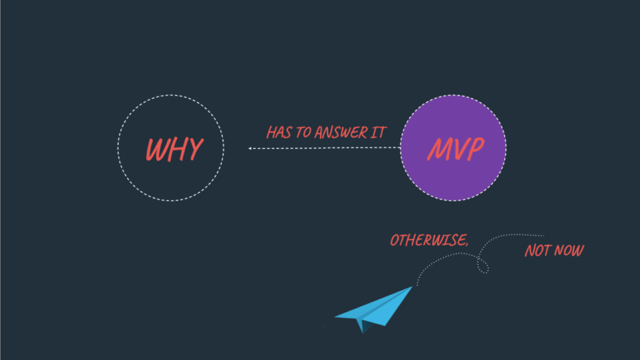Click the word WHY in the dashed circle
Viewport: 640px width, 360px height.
(174, 149)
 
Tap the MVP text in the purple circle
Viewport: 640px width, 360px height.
(456, 149)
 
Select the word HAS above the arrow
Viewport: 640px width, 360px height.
(279, 132)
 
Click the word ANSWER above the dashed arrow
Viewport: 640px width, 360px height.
(341, 132)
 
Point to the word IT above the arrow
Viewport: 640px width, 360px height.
(378, 132)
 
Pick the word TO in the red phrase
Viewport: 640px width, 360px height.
(303, 132)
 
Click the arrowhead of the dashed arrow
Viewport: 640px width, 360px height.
(250, 149)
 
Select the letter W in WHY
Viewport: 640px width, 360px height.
(156, 149)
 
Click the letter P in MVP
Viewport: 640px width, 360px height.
(475, 149)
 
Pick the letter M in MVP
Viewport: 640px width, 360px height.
(438, 149)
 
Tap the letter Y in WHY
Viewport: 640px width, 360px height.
(194, 149)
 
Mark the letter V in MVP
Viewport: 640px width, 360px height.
(457, 149)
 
